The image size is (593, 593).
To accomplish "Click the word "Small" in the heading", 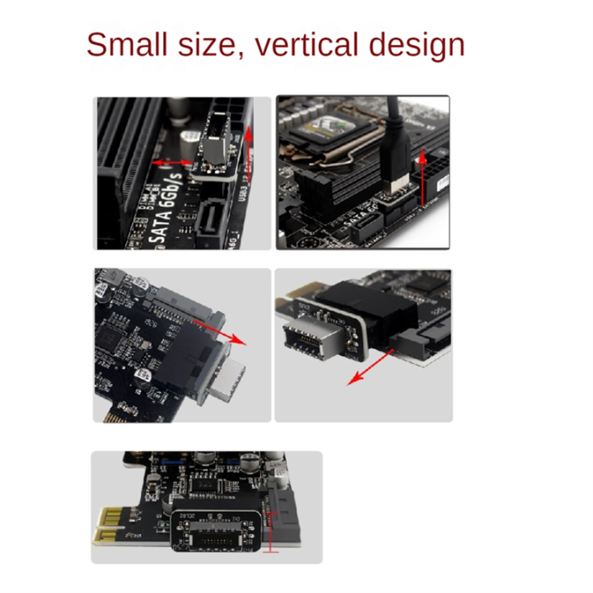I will (x=131, y=44).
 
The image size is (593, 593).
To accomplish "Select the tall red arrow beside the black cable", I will (x=423, y=176).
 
